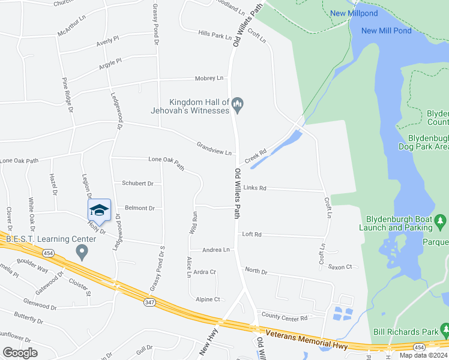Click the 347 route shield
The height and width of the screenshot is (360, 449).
tap(148, 302)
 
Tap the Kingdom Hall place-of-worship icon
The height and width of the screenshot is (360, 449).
tap(237, 106)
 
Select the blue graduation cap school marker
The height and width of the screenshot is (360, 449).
tap(99, 209)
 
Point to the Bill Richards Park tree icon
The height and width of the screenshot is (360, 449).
tap(445, 330)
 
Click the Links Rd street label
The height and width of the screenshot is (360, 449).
tap(255, 188)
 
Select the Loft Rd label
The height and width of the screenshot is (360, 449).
tap(252, 234)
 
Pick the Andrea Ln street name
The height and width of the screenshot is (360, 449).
tap(216, 250)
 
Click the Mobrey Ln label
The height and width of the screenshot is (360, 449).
tap(209, 79)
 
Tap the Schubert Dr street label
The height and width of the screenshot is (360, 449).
tap(137, 183)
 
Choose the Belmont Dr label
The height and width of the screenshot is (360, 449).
tap(140, 208)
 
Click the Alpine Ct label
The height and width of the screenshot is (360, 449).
tap(208, 299)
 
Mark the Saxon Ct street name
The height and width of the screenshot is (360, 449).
tap(340, 266)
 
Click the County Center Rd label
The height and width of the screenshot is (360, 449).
tap(285, 317)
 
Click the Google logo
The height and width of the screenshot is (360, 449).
tap(20, 353)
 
